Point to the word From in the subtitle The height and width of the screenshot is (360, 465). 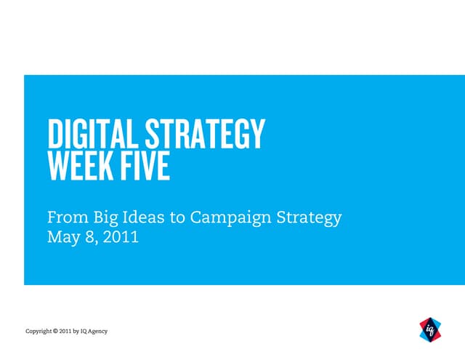(62, 217)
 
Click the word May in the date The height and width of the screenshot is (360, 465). (61, 236)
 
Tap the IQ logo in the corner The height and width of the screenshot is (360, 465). (431, 329)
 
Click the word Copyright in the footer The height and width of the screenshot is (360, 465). (38, 332)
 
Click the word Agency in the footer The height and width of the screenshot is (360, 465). (97, 332)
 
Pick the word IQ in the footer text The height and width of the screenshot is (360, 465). (84, 332)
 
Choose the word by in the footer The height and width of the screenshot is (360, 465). (77, 332)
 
